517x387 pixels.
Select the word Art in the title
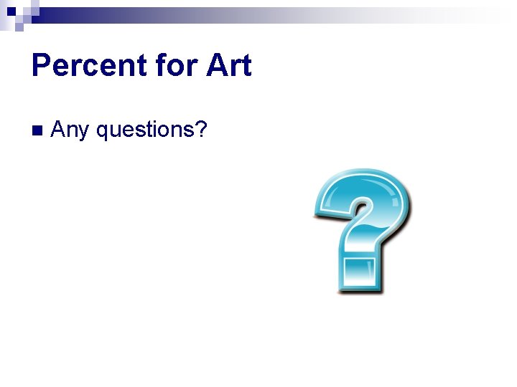tap(228, 66)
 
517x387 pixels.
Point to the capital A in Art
tap(216, 66)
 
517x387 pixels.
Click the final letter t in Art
tap(246, 66)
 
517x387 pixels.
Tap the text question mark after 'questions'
tap(201, 129)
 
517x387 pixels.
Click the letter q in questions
tap(102, 132)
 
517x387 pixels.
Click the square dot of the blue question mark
tap(359, 274)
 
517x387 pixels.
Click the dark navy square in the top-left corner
tap(12, 11)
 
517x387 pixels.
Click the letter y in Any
tap(83, 133)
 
